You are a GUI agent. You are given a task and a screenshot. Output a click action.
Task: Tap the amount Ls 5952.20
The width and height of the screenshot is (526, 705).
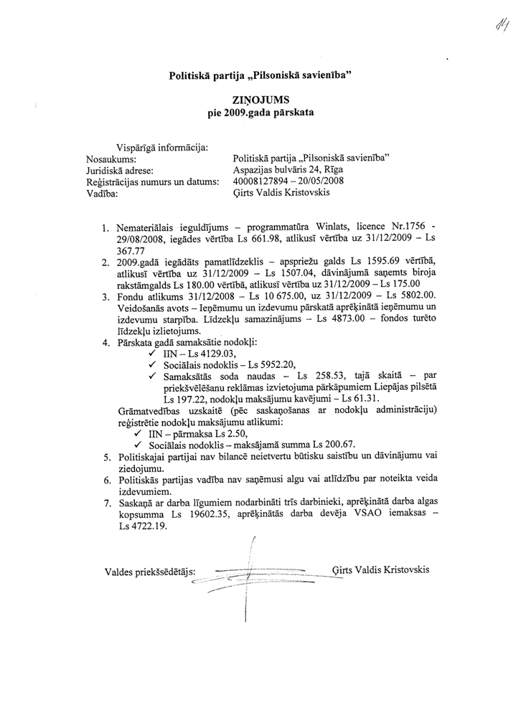264,364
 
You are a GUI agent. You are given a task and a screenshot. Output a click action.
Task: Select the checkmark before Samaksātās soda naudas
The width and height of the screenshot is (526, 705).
152,376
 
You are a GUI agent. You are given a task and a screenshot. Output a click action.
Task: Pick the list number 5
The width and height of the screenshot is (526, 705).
106,456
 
